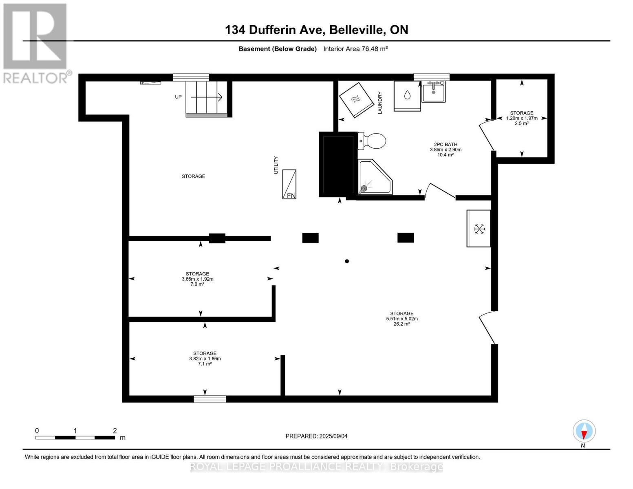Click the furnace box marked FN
pos(289,184)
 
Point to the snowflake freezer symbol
pos(479,229)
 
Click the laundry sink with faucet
pos(433,91)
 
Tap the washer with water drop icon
pos(407,96)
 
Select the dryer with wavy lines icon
pos(357,100)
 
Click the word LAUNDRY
pos(380,103)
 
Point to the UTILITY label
pos(276,165)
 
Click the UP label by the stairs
pos(178,97)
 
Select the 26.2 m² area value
pos(401,324)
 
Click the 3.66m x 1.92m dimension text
pos(198,279)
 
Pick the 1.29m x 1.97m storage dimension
pos(522,118)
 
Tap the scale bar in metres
pos(75,437)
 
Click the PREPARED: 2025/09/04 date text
pos(316,436)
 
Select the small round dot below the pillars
pos(347,261)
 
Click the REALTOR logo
pos(35,43)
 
